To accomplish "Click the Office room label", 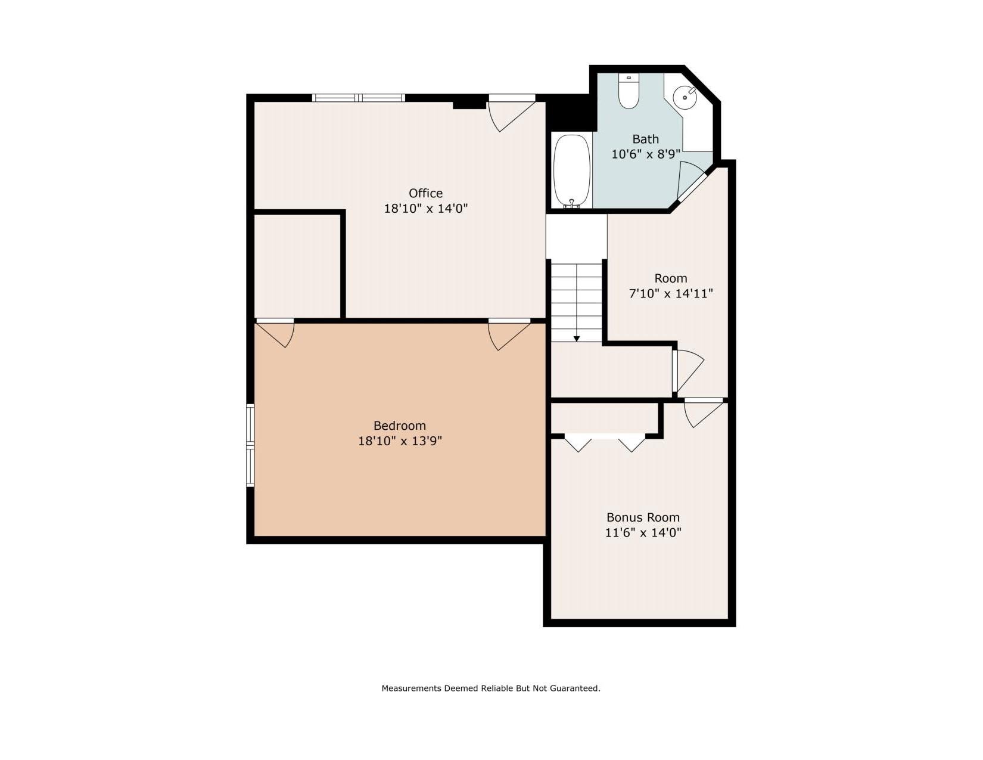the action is pos(425,193).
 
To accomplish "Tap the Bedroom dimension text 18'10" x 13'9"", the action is pos(400,441).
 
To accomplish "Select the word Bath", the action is pos(646,139).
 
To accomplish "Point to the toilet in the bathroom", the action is pos(628,91).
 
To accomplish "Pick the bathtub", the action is pos(572,172).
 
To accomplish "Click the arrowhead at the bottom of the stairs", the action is pos(576,339).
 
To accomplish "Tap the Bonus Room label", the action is pos(643,517).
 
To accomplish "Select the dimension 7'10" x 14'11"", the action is pos(671,294).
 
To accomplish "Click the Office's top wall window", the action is pos(359,98).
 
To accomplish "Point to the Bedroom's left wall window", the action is pos(250,445).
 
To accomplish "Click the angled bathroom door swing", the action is pos(690,180).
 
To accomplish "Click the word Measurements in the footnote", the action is pos(411,688).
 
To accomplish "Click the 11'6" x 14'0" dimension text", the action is pos(643,533).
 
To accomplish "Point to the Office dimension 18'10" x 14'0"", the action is pos(426,209).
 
